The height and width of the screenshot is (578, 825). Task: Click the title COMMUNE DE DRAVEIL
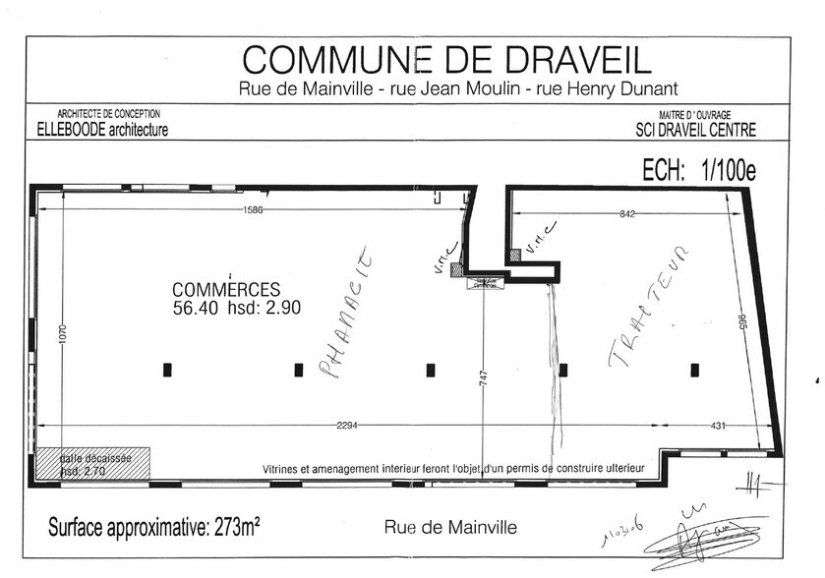(445, 60)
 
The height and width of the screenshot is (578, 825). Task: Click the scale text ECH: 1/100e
(698, 170)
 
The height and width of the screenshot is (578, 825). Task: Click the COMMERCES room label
(226, 290)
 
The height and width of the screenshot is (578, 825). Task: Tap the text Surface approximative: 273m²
(153, 527)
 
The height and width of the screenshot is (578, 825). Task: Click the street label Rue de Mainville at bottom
(449, 527)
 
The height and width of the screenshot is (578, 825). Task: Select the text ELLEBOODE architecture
(104, 130)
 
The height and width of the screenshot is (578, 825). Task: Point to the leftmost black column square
(167, 370)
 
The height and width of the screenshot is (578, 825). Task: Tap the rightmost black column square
(694, 370)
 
